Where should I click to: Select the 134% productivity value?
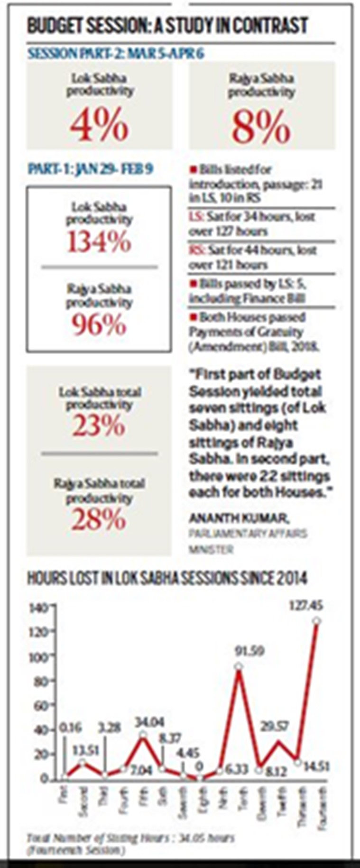tap(99, 242)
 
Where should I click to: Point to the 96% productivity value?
tap(99, 325)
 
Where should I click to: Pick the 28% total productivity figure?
tap(99, 520)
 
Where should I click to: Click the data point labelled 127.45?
tap(317, 621)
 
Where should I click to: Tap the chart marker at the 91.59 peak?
tap(239, 666)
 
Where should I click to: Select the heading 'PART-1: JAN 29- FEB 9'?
tap(90, 169)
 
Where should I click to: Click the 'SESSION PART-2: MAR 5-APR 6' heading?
tap(116, 54)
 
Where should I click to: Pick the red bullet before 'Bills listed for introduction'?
tap(193, 170)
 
